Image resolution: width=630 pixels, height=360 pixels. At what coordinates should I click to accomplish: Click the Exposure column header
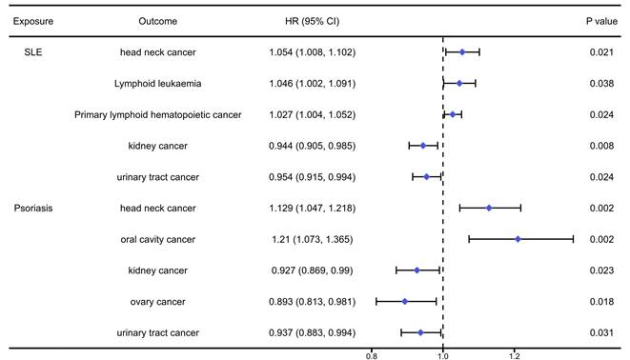(x=32, y=19)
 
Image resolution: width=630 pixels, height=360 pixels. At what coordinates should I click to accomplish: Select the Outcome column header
(x=157, y=19)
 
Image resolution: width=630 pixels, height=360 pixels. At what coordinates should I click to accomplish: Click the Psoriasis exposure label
(x=33, y=208)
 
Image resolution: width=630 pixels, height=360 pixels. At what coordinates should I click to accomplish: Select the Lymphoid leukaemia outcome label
(x=157, y=84)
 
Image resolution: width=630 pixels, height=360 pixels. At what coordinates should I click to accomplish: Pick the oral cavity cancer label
(x=157, y=239)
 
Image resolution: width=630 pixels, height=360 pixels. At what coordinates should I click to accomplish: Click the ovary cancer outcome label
(x=157, y=301)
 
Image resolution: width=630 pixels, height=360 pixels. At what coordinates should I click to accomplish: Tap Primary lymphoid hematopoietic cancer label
(x=157, y=115)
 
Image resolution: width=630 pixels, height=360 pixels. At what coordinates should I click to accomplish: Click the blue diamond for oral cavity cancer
(x=518, y=239)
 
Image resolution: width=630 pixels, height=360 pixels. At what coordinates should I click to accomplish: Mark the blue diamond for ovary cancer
(x=405, y=301)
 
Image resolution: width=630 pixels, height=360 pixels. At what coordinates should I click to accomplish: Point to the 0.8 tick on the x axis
(x=372, y=354)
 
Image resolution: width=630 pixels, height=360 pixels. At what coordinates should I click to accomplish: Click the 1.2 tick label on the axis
(x=515, y=354)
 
